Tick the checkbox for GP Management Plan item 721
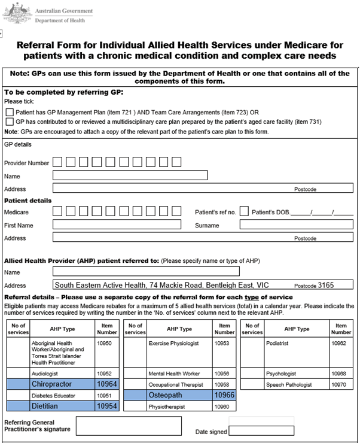10,112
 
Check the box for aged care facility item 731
10,122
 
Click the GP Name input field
130,175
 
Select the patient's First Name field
117,225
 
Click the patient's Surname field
296,225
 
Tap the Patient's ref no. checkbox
244,211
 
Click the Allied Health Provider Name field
146,272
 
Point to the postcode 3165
326,286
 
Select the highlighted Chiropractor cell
59,384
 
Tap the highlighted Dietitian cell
59,406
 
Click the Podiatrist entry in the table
279,343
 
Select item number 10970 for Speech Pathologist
341,384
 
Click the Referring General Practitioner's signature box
129,426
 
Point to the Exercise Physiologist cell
179,343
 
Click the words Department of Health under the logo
59,20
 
